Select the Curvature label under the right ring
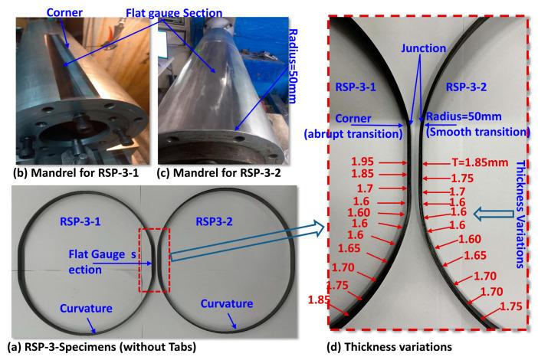pos(227,306)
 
